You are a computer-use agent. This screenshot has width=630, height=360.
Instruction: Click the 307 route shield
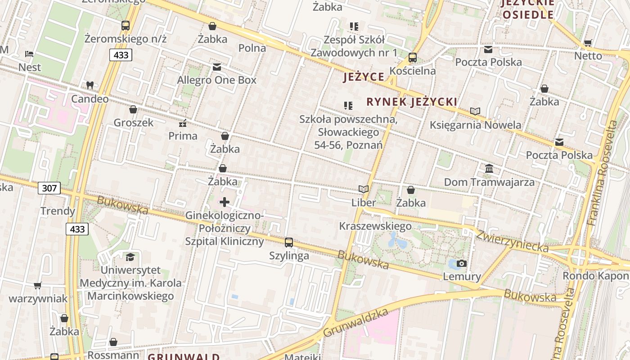click(x=49, y=188)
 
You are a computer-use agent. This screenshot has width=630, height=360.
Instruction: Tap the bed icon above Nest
click(x=29, y=54)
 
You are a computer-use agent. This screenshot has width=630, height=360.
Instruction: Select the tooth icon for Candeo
click(x=90, y=85)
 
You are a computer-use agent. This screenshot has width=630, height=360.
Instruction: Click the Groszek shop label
click(x=133, y=122)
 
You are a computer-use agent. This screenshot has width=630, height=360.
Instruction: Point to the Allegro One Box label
click(x=216, y=80)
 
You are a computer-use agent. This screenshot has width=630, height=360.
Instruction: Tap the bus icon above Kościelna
click(x=412, y=58)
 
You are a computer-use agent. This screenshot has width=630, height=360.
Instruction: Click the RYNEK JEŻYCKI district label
click(x=411, y=102)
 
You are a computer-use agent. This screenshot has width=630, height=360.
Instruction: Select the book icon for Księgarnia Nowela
click(x=475, y=111)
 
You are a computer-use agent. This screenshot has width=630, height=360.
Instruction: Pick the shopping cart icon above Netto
click(x=588, y=43)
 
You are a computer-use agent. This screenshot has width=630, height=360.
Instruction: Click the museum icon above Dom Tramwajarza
click(x=489, y=169)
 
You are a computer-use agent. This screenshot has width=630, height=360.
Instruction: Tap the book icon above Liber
click(x=363, y=189)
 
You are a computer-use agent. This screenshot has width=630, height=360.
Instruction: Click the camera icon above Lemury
click(x=461, y=264)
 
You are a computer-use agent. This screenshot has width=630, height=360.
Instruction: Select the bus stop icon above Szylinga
click(x=289, y=243)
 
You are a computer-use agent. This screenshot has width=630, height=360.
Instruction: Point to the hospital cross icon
click(x=224, y=202)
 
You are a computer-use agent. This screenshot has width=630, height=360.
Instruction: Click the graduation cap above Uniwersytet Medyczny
click(x=130, y=257)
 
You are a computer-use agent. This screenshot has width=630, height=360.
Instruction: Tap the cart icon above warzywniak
click(x=38, y=285)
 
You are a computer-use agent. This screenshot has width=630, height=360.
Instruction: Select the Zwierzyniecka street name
click(x=512, y=241)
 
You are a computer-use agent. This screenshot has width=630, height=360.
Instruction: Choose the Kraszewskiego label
click(x=375, y=226)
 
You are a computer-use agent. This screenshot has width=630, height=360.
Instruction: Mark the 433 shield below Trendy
click(x=77, y=229)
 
